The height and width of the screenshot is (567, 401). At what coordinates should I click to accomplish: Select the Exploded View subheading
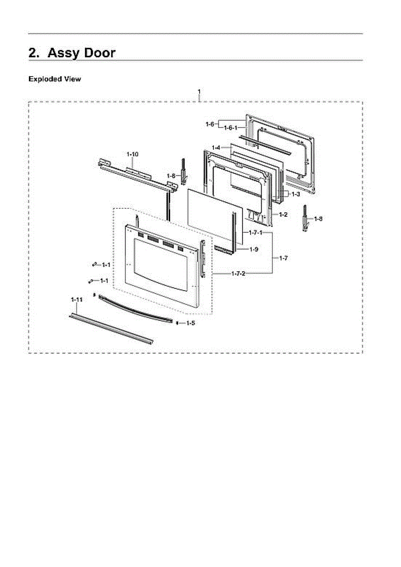[54, 79]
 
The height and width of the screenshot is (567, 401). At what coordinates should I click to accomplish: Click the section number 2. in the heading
[34, 52]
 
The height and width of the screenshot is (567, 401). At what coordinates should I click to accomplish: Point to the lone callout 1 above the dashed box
[199, 91]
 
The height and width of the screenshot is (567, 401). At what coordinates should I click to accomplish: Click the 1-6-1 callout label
[231, 128]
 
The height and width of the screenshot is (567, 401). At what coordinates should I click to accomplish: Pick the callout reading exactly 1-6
[210, 124]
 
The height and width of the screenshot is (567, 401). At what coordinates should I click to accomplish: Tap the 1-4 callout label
[216, 148]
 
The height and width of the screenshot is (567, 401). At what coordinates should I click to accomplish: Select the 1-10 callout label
[132, 155]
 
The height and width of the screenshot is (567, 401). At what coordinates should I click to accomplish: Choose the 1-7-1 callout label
[256, 233]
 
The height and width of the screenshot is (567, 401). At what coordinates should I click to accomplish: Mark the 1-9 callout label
[254, 249]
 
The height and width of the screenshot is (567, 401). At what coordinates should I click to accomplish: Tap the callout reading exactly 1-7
[283, 258]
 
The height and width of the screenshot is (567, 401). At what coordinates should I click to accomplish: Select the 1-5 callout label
[190, 323]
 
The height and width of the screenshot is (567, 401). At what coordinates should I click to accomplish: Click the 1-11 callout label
[77, 300]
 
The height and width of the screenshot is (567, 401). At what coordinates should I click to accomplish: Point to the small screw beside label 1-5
[177, 323]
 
